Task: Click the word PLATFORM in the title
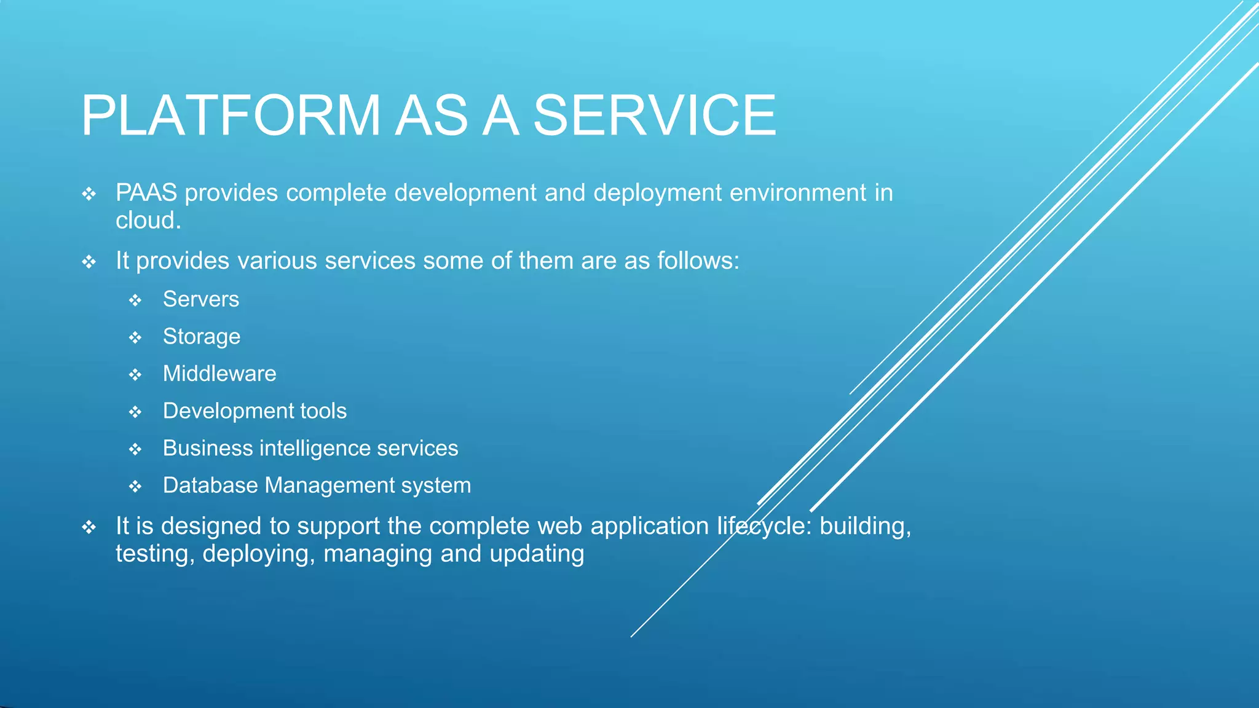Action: coord(231,116)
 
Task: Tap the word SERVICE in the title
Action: coord(654,116)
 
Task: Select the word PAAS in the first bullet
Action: coord(146,193)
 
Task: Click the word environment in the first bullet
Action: coord(797,193)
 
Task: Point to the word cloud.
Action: coord(148,221)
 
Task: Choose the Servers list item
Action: coord(200,299)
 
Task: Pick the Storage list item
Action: coord(201,337)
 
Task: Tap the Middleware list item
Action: coord(219,374)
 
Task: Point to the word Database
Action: coord(210,486)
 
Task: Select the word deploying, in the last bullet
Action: coord(259,554)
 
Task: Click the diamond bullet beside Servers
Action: coord(135,301)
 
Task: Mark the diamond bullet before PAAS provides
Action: coord(89,195)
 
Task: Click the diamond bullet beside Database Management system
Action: coord(135,487)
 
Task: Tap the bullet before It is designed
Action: coord(89,528)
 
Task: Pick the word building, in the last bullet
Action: coord(865,527)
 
